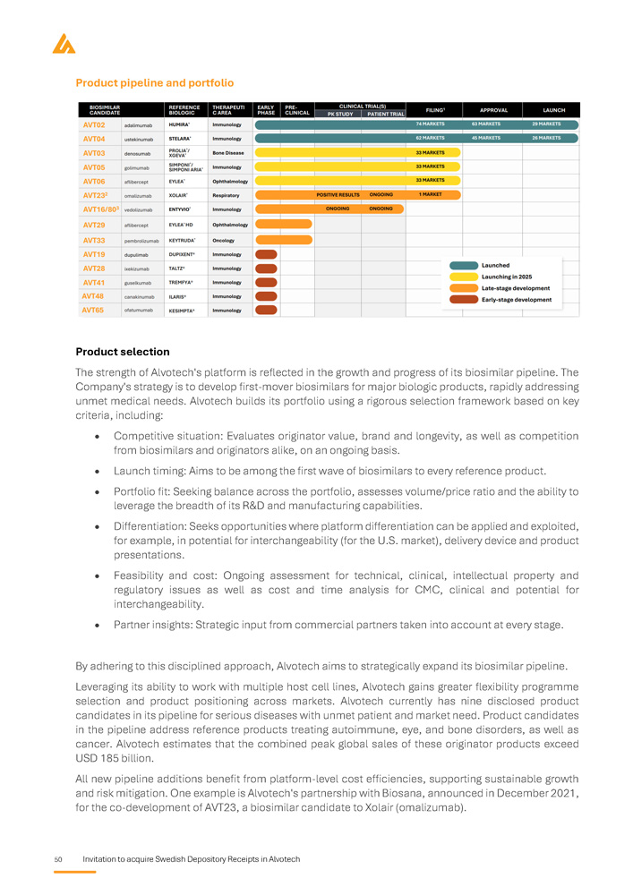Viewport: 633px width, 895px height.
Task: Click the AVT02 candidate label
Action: (94, 124)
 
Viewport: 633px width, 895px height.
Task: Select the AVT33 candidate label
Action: (94, 241)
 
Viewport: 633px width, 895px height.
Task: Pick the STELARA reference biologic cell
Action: (182, 139)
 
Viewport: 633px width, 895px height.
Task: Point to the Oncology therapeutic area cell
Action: (224, 241)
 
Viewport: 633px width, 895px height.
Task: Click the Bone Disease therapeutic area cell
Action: (228, 153)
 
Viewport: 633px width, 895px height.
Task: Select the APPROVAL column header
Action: (494, 109)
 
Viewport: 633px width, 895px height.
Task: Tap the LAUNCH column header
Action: (553, 109)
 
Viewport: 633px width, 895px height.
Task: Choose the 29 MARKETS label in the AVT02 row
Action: (546, 124)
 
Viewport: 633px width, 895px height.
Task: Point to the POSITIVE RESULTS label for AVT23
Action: (338, 194)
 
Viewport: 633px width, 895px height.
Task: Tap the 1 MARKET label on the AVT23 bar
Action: (431, 194)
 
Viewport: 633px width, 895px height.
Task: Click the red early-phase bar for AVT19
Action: (266, 254)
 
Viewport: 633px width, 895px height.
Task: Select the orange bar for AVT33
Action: (283, 240)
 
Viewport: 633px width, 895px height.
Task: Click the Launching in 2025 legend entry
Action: (507, 277)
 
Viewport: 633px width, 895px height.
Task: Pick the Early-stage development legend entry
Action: (516, 300)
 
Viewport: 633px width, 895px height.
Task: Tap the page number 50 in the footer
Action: (57, 860)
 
